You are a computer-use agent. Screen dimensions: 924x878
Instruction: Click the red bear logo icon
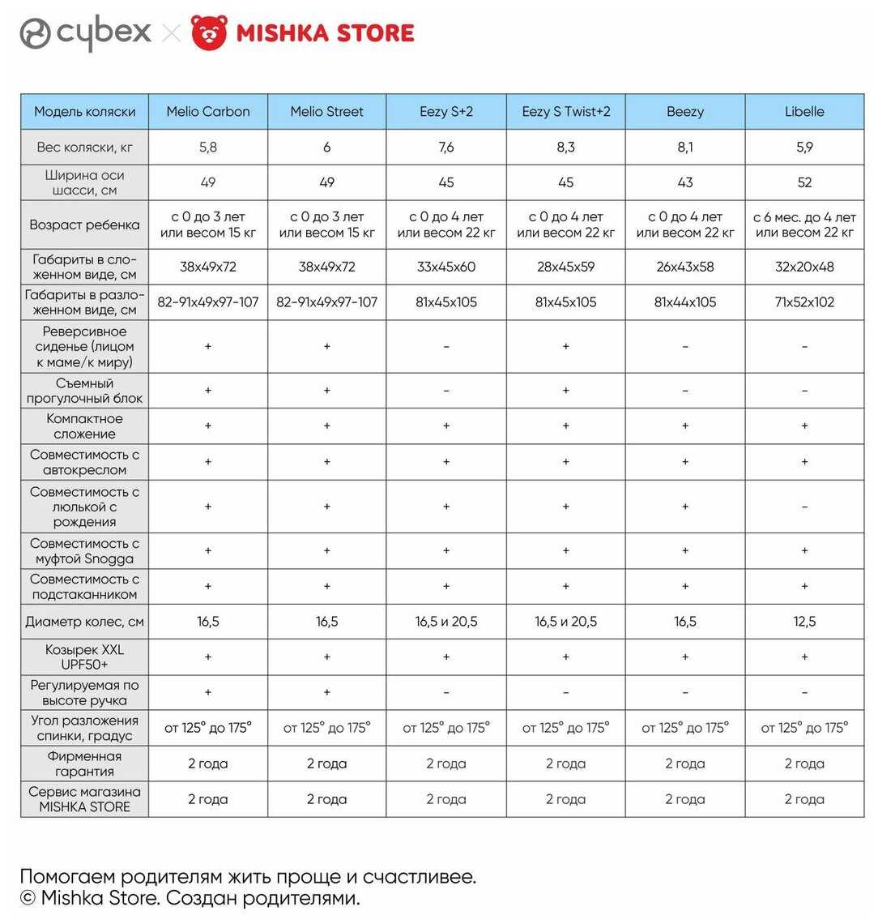[x=209, y=32]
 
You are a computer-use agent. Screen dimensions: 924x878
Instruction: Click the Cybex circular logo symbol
[x=36, y=33]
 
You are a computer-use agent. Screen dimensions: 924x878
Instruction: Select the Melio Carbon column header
[x=208, y=112]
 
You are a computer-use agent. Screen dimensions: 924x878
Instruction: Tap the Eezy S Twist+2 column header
[x=566, y=112]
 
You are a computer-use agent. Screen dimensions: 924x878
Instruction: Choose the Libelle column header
[x=804, y=112]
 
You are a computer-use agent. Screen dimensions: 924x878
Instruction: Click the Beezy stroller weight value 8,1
[x=685, y=148]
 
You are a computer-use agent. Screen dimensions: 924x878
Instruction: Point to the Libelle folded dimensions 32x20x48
[x=804, y=267]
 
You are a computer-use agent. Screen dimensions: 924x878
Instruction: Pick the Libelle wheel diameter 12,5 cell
[x=804, y=622]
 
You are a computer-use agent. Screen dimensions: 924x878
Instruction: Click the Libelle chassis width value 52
[x=804, y=182]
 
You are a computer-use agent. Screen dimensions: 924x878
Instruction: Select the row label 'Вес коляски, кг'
[x=85, y=148]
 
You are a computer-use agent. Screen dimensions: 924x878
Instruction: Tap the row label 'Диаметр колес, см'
[x=85, y=622]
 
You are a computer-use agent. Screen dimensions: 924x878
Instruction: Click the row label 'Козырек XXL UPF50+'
[x=85, y=657]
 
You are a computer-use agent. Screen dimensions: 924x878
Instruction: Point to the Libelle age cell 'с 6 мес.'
[x=804, y=225]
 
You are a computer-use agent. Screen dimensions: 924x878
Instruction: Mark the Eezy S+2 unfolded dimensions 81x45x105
[x=446, y=302]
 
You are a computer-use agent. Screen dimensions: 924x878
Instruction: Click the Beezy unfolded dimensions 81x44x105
[x=685, y=302]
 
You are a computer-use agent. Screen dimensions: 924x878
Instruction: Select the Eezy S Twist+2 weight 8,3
[x=566, y=148]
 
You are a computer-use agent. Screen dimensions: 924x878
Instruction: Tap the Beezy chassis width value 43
[x=685, y=182]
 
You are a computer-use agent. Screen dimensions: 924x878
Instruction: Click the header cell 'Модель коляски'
[x=85, y=112]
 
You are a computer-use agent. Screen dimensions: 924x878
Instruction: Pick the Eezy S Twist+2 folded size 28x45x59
[x=566, y=267]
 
